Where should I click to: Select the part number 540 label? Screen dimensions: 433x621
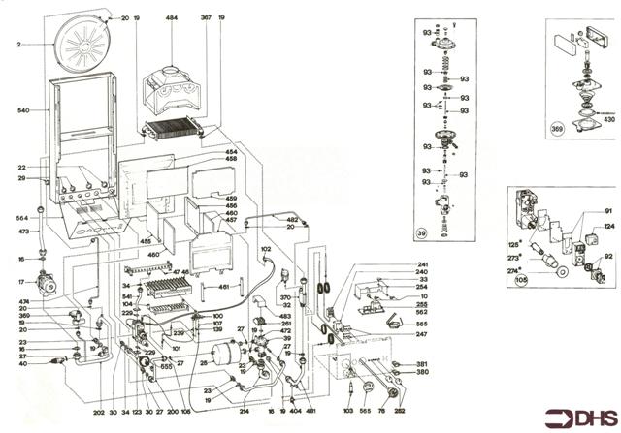24,112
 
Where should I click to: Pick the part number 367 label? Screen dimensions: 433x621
206,18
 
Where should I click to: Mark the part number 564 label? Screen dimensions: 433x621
22,219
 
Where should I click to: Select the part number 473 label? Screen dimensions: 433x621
22,232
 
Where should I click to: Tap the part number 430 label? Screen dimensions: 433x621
609,118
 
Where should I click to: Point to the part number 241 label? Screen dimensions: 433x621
422,264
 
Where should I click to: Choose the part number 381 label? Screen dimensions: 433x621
422,363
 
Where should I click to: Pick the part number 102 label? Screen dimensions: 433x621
264,249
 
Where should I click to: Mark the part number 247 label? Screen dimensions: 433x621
422,334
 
